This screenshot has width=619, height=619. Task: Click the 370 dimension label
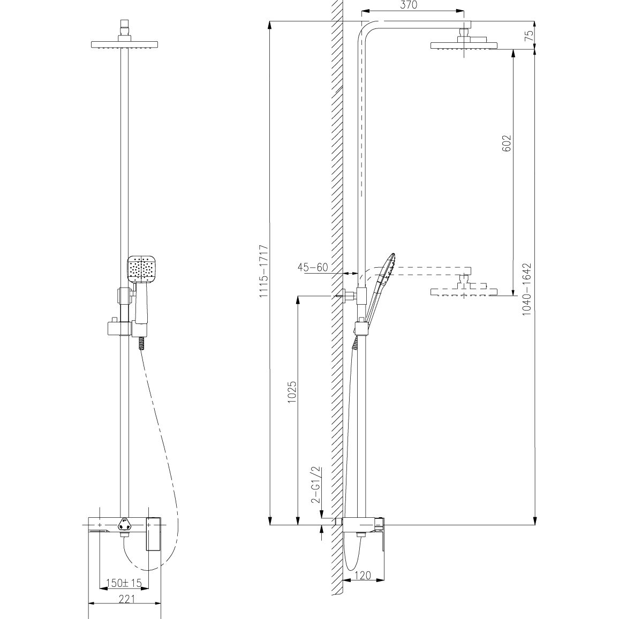click(x=408, y=5)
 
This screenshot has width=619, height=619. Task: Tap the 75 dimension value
click(x=529, y=35)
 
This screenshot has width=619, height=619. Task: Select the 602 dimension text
click(x=507, y=143)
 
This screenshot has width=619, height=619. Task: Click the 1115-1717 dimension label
click(x=263, y=271)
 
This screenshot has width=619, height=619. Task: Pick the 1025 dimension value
click(x=292, y=392)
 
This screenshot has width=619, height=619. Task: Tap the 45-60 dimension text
click(x=313, y=267)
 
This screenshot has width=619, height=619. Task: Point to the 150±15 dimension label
click(x=124, y=583)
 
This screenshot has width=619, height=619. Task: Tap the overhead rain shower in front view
click(x=124, y=44)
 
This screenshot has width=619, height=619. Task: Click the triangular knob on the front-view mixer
click(x=125, y=525)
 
